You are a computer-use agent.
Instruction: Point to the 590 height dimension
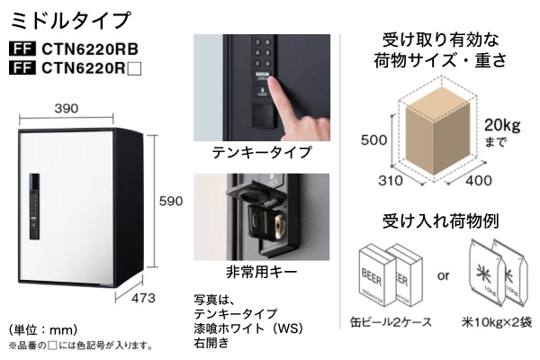pos(170,203)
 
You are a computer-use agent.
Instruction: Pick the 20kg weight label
pos(501,124)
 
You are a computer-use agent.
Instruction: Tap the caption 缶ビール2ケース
pos(391,321)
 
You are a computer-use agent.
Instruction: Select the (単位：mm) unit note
pos(43,328)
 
